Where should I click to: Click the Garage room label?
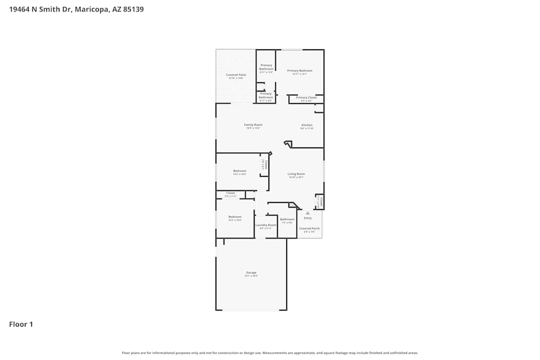click(252, 273)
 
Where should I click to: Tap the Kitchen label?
click(307, 125)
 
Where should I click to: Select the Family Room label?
click(253, 125)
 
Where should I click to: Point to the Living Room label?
click(296, 174)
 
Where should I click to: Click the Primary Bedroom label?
click(300, 71)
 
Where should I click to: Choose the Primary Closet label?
click(306, 98)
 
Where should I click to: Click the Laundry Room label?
click(266, 225)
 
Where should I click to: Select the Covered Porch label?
click(309, 228)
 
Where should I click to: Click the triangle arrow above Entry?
click(308, 213)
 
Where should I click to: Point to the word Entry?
click(308, 218)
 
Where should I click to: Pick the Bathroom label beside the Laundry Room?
click(287, 219)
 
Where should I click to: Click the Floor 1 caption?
click(21, 324)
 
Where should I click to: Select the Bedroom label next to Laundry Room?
click(235, 217)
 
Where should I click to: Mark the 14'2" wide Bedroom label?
click(240, 171)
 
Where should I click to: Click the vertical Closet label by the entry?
click(320, 202)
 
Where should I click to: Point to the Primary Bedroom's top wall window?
click(292, 50)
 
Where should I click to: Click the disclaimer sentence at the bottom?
click(270, 353)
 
